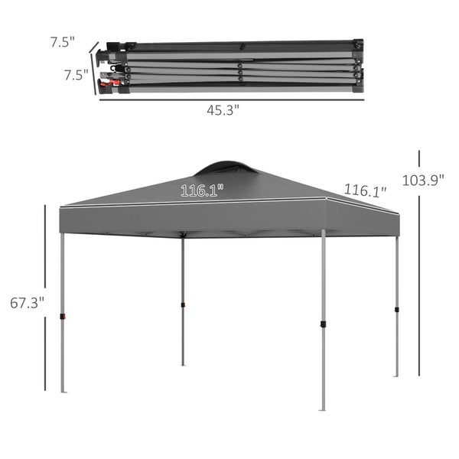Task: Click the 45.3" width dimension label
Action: coord(223,109)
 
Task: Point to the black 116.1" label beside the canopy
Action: coord(365,190)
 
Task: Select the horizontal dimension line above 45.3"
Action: coord(230,97)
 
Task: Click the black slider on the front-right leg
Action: coord(323,324)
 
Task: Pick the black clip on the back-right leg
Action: coord(396,310)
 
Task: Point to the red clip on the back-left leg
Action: coord(183,305)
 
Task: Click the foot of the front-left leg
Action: coord(63,391)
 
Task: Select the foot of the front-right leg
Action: coord(323,409)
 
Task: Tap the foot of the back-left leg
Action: coord(183,363)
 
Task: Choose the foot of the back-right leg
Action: coord(396,375)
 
